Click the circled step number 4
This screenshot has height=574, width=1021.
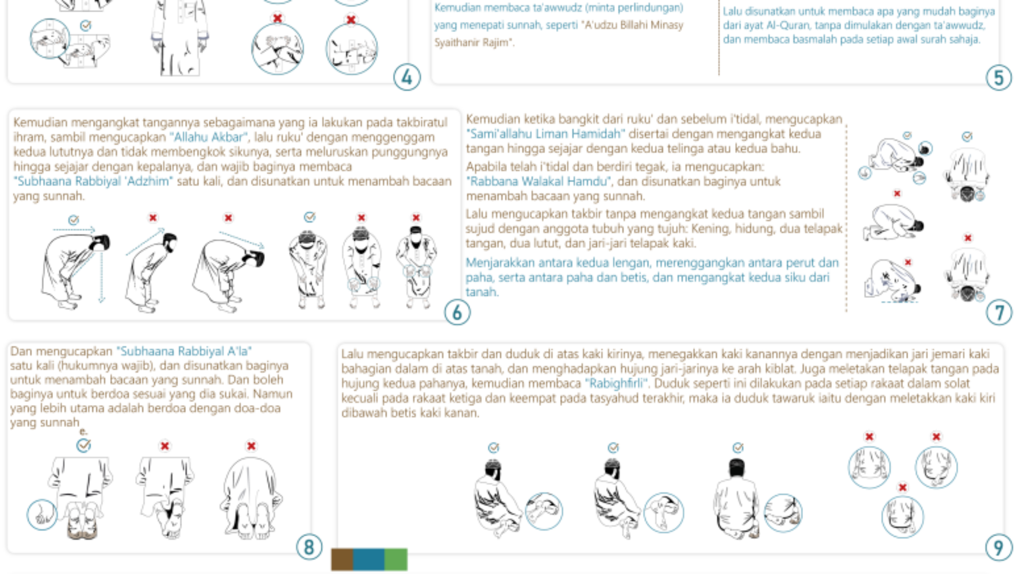(x=407, y=78)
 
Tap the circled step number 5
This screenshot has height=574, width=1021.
(x=999, y=78)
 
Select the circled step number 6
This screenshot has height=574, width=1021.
(x=457, y=312)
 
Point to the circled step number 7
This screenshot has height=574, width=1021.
(x=999, y=312)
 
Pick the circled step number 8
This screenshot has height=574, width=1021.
(x=309, y=547)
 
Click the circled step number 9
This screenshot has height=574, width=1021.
(x=998, y=547)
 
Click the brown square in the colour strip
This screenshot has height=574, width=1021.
(x=342, y=559)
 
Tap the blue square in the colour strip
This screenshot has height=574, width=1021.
(x=368, y=559)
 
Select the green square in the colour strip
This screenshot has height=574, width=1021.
(x=396, y=559)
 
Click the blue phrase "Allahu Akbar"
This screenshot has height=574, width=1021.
(x=209, y=137)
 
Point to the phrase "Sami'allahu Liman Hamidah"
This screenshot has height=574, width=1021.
(x=545, y=134)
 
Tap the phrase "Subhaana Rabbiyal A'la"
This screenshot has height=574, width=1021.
(x=184, y=351)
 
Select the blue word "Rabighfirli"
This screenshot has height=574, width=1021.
(x=616, y=383)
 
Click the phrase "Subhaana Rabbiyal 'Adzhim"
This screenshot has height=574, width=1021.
(x=93, y=181)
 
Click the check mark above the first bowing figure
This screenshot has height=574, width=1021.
(x=74, y=220)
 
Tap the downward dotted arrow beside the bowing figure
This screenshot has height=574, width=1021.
(x=102, y=276)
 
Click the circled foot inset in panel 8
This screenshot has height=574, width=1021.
(x=42, y=514)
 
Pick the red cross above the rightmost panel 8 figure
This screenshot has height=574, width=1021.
(x=251, y=446)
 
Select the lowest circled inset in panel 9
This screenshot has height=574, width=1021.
(x=902, y=516)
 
